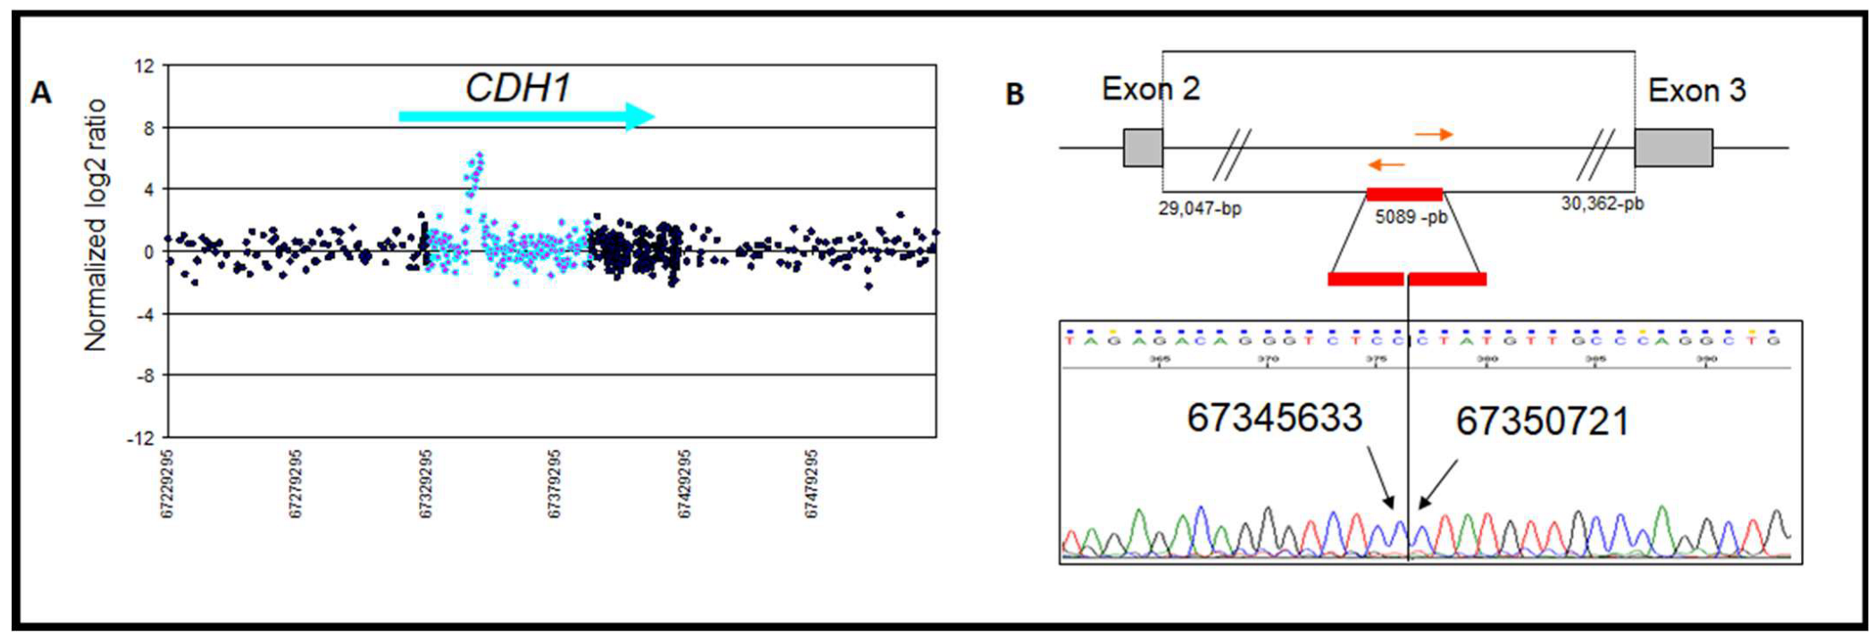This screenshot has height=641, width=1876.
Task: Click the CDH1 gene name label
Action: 517,87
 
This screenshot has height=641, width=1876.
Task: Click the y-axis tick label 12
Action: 145,66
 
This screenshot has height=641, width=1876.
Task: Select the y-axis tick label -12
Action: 141,438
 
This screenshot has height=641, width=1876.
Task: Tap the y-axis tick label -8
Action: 145,376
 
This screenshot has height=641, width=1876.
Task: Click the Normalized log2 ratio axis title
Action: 95,225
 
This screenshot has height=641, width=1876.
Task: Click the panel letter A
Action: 41,93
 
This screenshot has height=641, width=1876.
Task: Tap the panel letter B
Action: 1015,94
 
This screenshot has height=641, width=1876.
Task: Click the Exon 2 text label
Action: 1151,89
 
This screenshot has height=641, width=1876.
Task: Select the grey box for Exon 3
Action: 1673,147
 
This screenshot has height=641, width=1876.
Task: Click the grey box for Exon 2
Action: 1143,147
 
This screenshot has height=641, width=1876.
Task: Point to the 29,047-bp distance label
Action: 1200,209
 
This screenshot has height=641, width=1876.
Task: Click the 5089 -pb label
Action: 1411,217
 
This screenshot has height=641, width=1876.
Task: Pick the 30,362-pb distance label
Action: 1603,204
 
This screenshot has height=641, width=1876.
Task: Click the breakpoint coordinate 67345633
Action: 1274,418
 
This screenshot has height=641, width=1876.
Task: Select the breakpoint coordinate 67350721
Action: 1543,421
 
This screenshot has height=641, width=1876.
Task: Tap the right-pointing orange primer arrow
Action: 1434,135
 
